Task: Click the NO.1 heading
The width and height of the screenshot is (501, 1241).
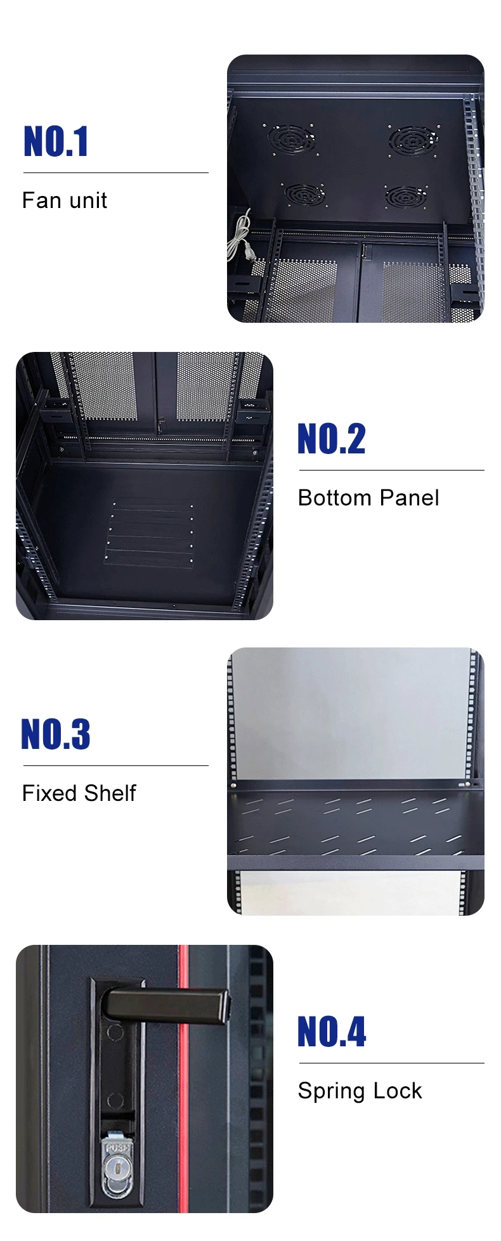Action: point(56,141)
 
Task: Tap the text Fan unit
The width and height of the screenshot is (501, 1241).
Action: point(65,200)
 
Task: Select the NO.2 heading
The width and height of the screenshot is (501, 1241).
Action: point(332,439)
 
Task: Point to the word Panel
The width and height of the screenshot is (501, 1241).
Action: point(410,498)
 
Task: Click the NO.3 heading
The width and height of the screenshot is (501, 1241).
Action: point(56,734)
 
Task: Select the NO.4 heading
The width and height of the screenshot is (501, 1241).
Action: point(332,1032)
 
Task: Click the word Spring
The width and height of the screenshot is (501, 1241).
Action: point(331,1091)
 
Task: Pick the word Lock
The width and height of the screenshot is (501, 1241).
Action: point(398,1091)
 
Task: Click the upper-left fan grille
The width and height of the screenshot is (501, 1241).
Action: point(291,138)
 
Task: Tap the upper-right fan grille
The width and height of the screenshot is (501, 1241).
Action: point(413,138)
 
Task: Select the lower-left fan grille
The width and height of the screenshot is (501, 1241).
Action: point(303,193)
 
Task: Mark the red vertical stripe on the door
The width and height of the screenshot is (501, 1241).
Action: point(183,1078)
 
